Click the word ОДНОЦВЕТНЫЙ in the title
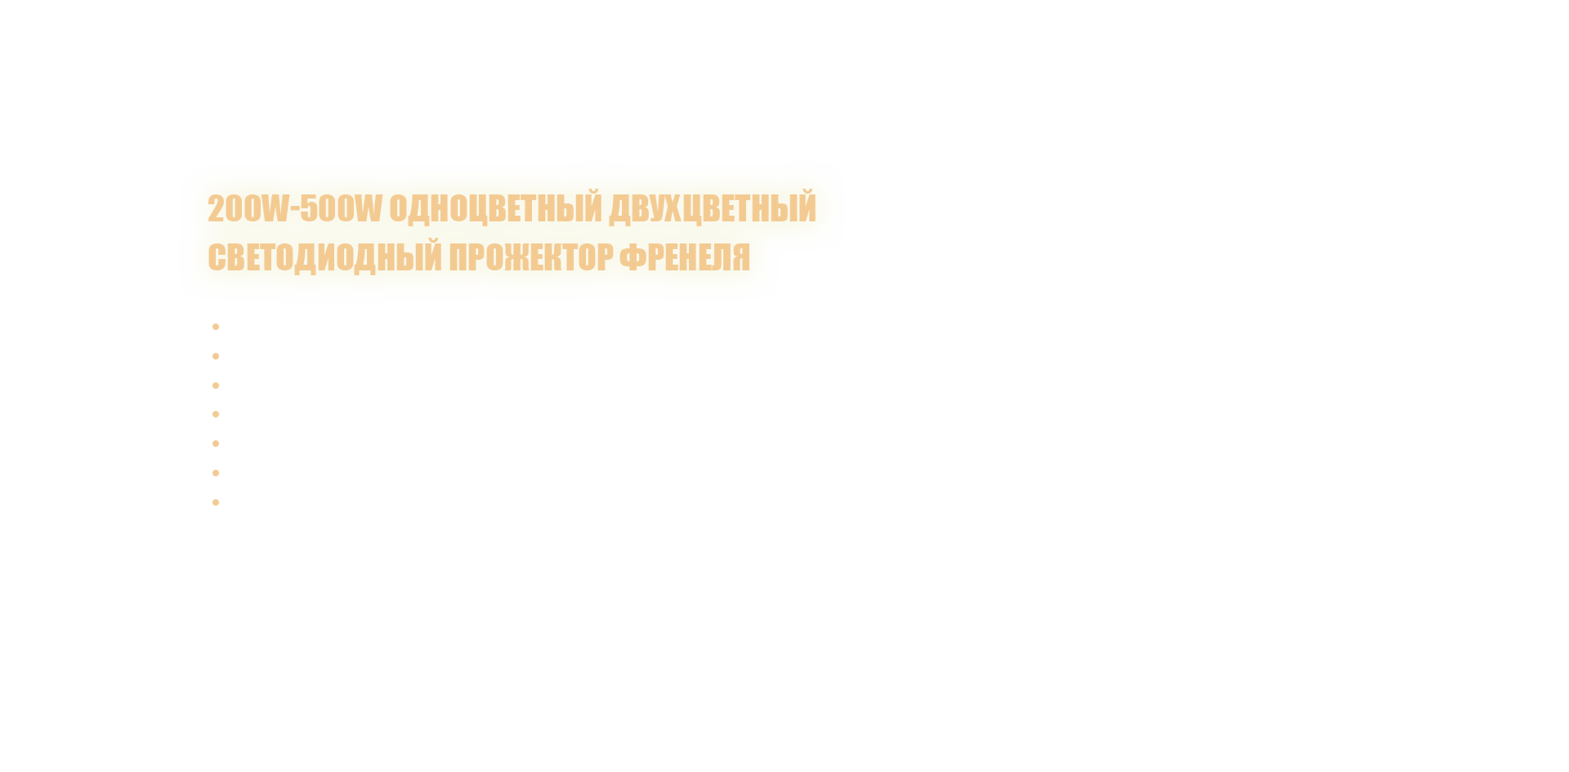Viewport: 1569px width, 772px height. [495, 208]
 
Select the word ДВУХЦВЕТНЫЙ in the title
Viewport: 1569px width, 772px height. [712, 208]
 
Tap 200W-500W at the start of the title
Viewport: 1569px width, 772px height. [294, 208]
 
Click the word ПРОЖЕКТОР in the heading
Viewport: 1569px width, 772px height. [531, 257]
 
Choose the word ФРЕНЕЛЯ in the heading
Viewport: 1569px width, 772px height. [684, 257]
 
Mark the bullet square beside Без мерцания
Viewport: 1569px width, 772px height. [216, 444]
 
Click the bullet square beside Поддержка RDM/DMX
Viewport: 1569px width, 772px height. [216, 473]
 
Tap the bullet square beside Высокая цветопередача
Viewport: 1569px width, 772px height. [216, 385]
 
